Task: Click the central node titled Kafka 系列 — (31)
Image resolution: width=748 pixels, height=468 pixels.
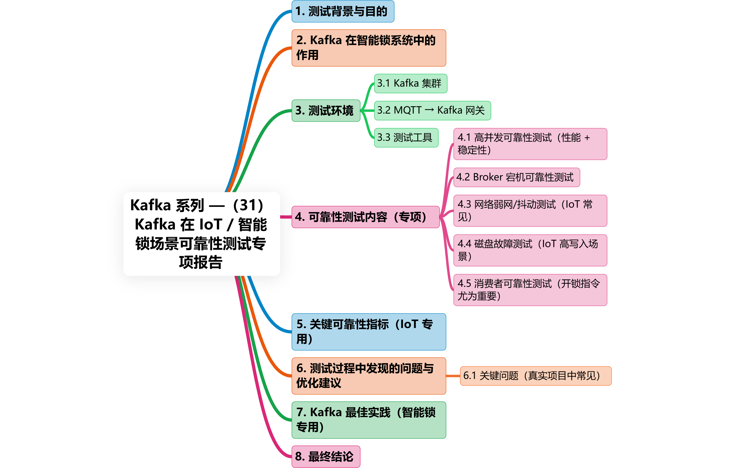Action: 202,234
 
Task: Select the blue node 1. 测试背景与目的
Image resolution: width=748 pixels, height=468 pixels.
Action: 343,11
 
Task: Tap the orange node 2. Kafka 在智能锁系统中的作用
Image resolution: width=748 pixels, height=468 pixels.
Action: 368,48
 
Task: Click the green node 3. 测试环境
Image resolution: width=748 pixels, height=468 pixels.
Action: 326,111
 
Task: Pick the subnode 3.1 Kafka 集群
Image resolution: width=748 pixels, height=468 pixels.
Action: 410,83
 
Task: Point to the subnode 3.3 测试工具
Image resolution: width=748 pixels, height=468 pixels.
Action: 406,138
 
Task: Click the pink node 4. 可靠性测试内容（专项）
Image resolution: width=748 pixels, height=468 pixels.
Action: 365,217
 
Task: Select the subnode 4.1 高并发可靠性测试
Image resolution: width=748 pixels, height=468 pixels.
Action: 530,144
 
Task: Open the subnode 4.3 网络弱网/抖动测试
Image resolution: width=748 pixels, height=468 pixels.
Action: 530,210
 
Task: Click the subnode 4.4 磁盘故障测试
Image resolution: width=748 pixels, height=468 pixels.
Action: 530,250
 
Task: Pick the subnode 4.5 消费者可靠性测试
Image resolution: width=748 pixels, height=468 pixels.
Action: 530,290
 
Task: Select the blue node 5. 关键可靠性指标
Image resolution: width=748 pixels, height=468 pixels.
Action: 368,331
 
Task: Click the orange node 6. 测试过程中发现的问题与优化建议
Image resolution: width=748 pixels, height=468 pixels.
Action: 368,376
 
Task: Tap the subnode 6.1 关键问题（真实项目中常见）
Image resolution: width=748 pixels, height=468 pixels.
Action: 535,376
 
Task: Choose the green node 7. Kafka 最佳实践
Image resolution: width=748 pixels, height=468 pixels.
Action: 368,420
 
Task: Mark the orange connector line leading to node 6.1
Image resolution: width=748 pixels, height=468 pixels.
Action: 453,376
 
